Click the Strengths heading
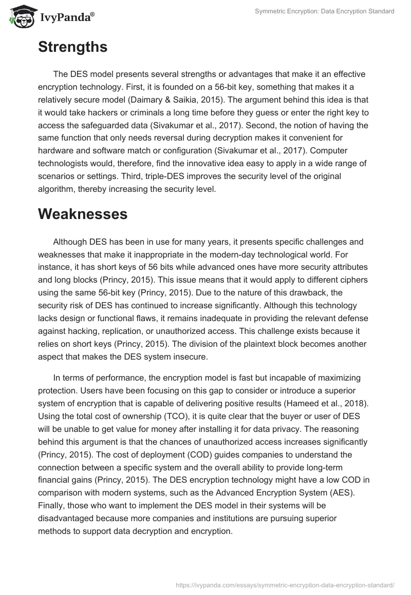pos(72,47)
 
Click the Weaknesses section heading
pos(83,214)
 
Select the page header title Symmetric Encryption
pos(324,11)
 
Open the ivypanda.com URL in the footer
pos(285,584)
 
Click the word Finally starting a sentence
pos(52,505)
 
